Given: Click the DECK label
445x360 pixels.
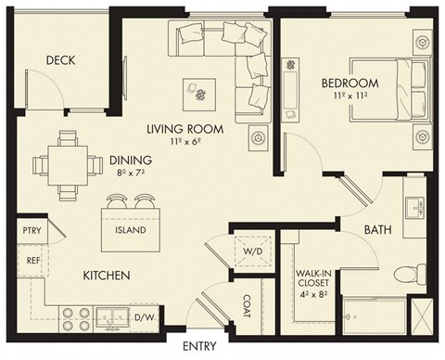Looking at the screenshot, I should click(60, 61).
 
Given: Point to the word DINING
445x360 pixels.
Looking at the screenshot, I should click(130, 160).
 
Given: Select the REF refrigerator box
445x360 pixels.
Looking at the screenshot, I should click(31, 262).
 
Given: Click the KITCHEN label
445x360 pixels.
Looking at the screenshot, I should click(107, 276).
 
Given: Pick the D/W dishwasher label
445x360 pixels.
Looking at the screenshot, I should click(145, 319).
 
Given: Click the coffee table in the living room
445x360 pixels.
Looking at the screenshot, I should click(199, 90).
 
